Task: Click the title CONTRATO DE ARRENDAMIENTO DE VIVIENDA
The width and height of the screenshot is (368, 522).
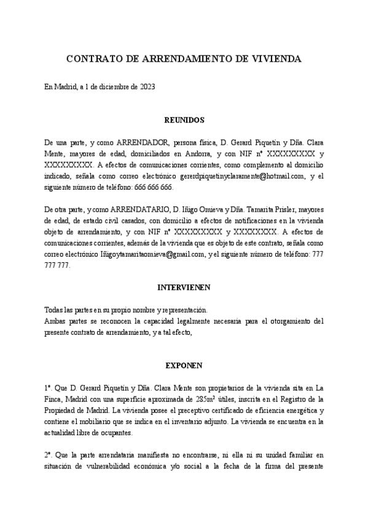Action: (184, 59)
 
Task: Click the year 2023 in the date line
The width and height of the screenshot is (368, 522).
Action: (147, 87)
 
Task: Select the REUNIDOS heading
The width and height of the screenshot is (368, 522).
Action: (184, 120)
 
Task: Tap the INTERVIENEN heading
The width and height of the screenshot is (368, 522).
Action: (184, 287)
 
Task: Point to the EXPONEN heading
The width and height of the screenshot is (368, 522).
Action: (184, 366)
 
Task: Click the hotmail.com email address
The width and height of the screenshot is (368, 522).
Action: (239, 177)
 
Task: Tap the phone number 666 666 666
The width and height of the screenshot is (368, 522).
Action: (152, 187)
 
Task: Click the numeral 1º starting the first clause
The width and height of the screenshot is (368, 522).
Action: (48, 388)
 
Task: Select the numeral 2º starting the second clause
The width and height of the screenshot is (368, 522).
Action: (48, 455)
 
